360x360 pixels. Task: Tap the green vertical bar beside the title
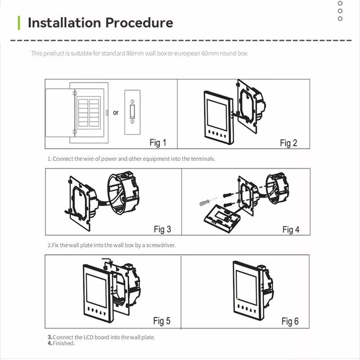click(19, 22)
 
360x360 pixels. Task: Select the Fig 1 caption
click(157, 143)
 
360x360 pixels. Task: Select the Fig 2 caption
click(288, 143)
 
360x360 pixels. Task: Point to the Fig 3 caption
click(162, 229)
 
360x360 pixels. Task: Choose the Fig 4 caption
click(291, 230)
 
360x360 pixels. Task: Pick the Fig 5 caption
click(162, 321)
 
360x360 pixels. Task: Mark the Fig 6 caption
click(290, 321)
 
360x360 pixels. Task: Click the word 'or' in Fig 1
click(116, 112)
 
